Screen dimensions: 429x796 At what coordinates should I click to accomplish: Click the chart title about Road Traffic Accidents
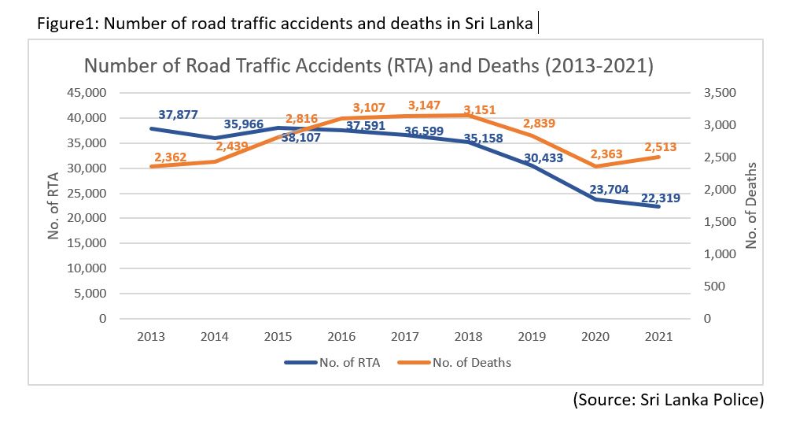pyautogui.click(x=369, y=65)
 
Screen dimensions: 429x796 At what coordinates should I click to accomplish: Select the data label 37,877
pyautogui.click(x=178, y=114)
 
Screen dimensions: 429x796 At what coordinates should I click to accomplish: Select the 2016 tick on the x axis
pyautogui.click(x=341, y=337)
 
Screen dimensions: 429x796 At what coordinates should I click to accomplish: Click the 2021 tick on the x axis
pyautogui.click(x=658, y=337)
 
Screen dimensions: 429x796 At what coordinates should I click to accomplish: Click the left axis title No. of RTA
pyautogui.click(x=54, y=205)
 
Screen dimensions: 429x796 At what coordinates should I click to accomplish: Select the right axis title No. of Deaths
pyautogui.click(x=750, y=205)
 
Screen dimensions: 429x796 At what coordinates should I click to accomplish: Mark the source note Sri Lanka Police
pyautogui.click(x=668, y=399)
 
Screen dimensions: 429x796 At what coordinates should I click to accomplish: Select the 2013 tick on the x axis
pyautogui.click(x=151, y=337)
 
